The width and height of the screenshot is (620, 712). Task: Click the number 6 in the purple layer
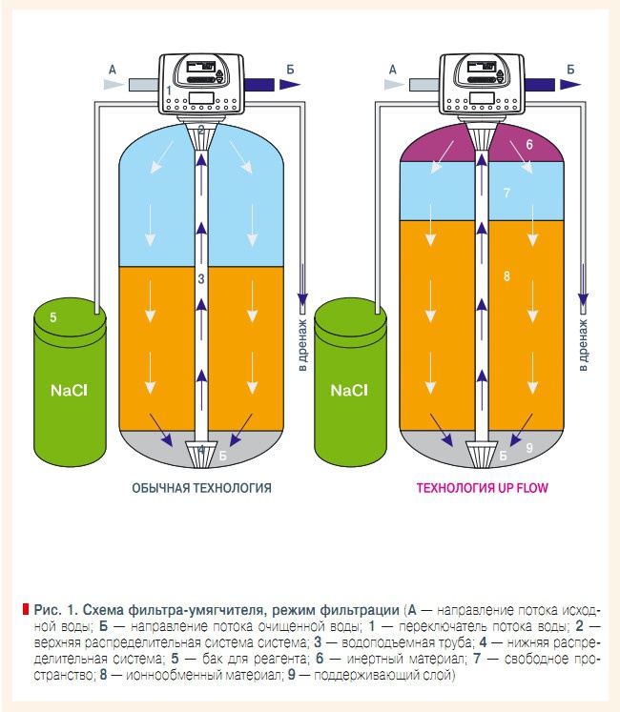(x=529, y=144)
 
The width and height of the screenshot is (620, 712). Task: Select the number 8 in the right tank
(x=506, y=276)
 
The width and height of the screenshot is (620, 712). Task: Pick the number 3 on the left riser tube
(x=201, y=278)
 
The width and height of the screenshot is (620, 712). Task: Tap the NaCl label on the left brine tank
(x=71, y=391)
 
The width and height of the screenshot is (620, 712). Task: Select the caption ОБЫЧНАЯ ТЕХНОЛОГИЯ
(x=201, y=488)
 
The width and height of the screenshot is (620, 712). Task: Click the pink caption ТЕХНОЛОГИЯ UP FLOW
(x=482, y=488)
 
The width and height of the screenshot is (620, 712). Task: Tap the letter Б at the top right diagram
(x=570, y=69)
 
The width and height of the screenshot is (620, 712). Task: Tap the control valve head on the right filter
(x=482, y=81)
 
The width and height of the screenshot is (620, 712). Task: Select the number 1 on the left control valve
(x=169, y=90)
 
